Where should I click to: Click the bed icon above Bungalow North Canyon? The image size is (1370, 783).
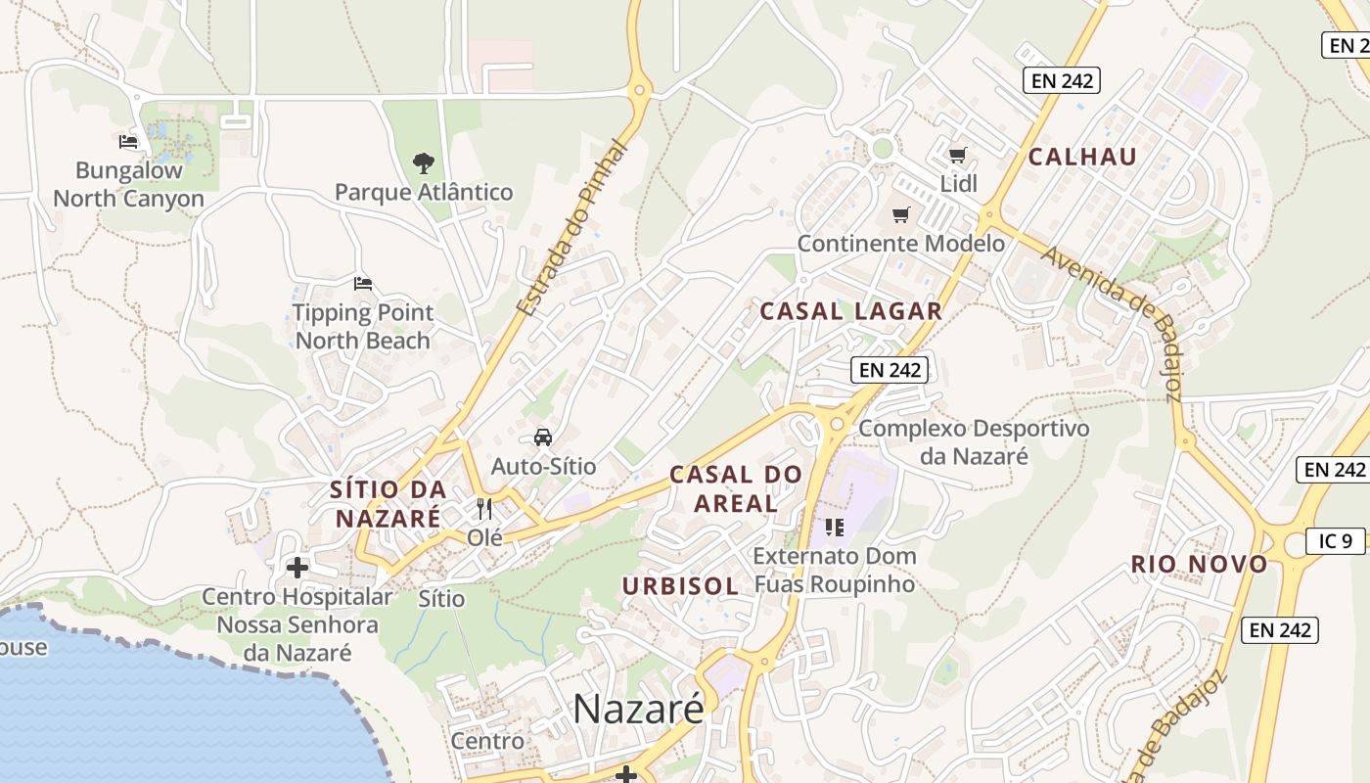pos(128,141)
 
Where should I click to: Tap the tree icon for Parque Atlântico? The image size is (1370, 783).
pos(423,162)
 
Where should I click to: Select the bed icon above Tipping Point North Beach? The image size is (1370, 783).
pos(363,284)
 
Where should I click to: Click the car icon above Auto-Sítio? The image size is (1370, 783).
pos(543,437)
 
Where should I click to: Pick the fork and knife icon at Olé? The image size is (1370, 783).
pos(484,508)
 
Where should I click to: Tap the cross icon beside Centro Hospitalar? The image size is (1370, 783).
pos(297,567)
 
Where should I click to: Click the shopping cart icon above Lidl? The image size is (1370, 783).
pos(958,155)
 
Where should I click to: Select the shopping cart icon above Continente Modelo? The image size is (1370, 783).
pos(900,214)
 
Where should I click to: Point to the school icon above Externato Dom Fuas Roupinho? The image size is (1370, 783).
pos(834,528)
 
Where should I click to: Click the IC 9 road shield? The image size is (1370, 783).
pos(1335,540)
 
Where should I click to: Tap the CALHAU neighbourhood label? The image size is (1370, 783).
pos(1082,157)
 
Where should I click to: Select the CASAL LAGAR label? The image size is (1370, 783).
pos(851,311)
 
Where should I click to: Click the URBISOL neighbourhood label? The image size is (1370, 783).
pos(681,586)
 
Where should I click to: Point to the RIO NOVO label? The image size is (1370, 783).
pos(1199,564)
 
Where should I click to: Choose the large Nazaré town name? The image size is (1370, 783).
pos(638,709)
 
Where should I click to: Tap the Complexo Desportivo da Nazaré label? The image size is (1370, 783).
pos(973,442)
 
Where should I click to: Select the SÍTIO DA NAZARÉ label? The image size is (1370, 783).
pos(388,503)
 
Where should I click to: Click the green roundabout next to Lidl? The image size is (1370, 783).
pos(883,148)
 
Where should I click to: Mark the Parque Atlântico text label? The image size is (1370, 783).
pos(424,192)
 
